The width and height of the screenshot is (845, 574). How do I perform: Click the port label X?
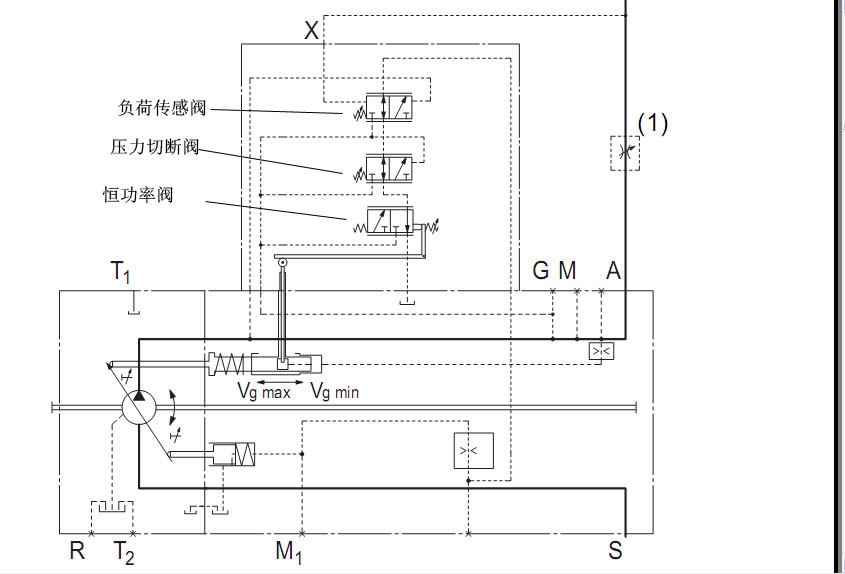click(311, 31)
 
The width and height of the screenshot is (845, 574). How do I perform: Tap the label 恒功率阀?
click(139, 194)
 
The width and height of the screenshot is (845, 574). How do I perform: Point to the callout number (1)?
click(652, 123)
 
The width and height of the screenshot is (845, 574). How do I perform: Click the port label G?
click(541, 270)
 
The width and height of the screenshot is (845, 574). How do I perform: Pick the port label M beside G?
click(567, 270)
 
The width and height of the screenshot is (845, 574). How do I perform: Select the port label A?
click(613, 270)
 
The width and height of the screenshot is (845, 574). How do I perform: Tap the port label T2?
click(123, 551)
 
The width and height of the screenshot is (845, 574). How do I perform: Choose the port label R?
click(77, 551)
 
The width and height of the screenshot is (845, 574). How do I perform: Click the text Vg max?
click(264, 392)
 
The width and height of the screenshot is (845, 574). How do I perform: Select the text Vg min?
click(334, 392)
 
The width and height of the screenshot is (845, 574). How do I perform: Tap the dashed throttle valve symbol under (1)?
click(625, 153)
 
